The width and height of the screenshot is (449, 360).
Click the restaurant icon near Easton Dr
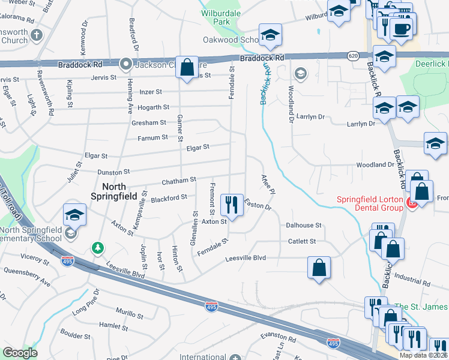pyautogui.click(x=231, y=205)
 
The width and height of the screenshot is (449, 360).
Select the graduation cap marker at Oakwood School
pyautogui.click(x=270, y=35)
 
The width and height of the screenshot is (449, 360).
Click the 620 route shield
pyautogui.click(x=353, y=56)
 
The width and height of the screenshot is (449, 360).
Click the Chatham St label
pyautogui.click(x=179, y=180)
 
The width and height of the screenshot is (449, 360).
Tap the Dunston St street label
pyautogui.click(x=113, y=172)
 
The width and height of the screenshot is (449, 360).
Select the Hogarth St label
pyautogui.click(x=153, y=107)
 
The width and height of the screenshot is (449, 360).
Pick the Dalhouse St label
pyautogui.click(x=304, y=226)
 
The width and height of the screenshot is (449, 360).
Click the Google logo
pyautogui.click(x=20, y=353)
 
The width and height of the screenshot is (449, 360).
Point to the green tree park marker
pyautogui.click(x=97, y=247)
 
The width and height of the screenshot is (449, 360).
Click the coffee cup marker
pyautogui.click(x=400, y=28)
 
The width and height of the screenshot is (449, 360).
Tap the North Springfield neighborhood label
pyautogui.click(x=116, y=191)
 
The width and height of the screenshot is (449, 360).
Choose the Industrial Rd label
pyautogui.click(x=414, y=281)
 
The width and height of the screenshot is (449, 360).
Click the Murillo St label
pyautogui.click(x=130, y=315)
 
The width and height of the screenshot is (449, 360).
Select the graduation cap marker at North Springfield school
pyautogui.click(x=74, y=214)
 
